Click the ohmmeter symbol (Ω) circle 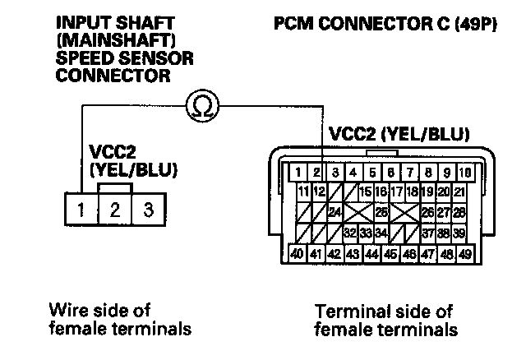pos(203,106)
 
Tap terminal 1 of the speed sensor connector pos(81,209)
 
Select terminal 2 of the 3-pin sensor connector pos(115,209)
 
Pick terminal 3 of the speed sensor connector pos(149,209)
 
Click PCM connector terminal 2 pos(316,173)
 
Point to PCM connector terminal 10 pos(465,173)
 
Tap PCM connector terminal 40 pos(297,254)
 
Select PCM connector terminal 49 pos(465,254)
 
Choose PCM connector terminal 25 pos(381,213)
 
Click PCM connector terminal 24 pos(335,213)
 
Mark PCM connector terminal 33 pos(366,233)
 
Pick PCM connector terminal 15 pos(366,192)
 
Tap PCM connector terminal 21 pos(459,192)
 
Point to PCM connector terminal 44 pos(371,254)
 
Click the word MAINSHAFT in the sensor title pos(116,41)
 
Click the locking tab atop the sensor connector pos(115,188)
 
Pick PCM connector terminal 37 pos(427,233)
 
